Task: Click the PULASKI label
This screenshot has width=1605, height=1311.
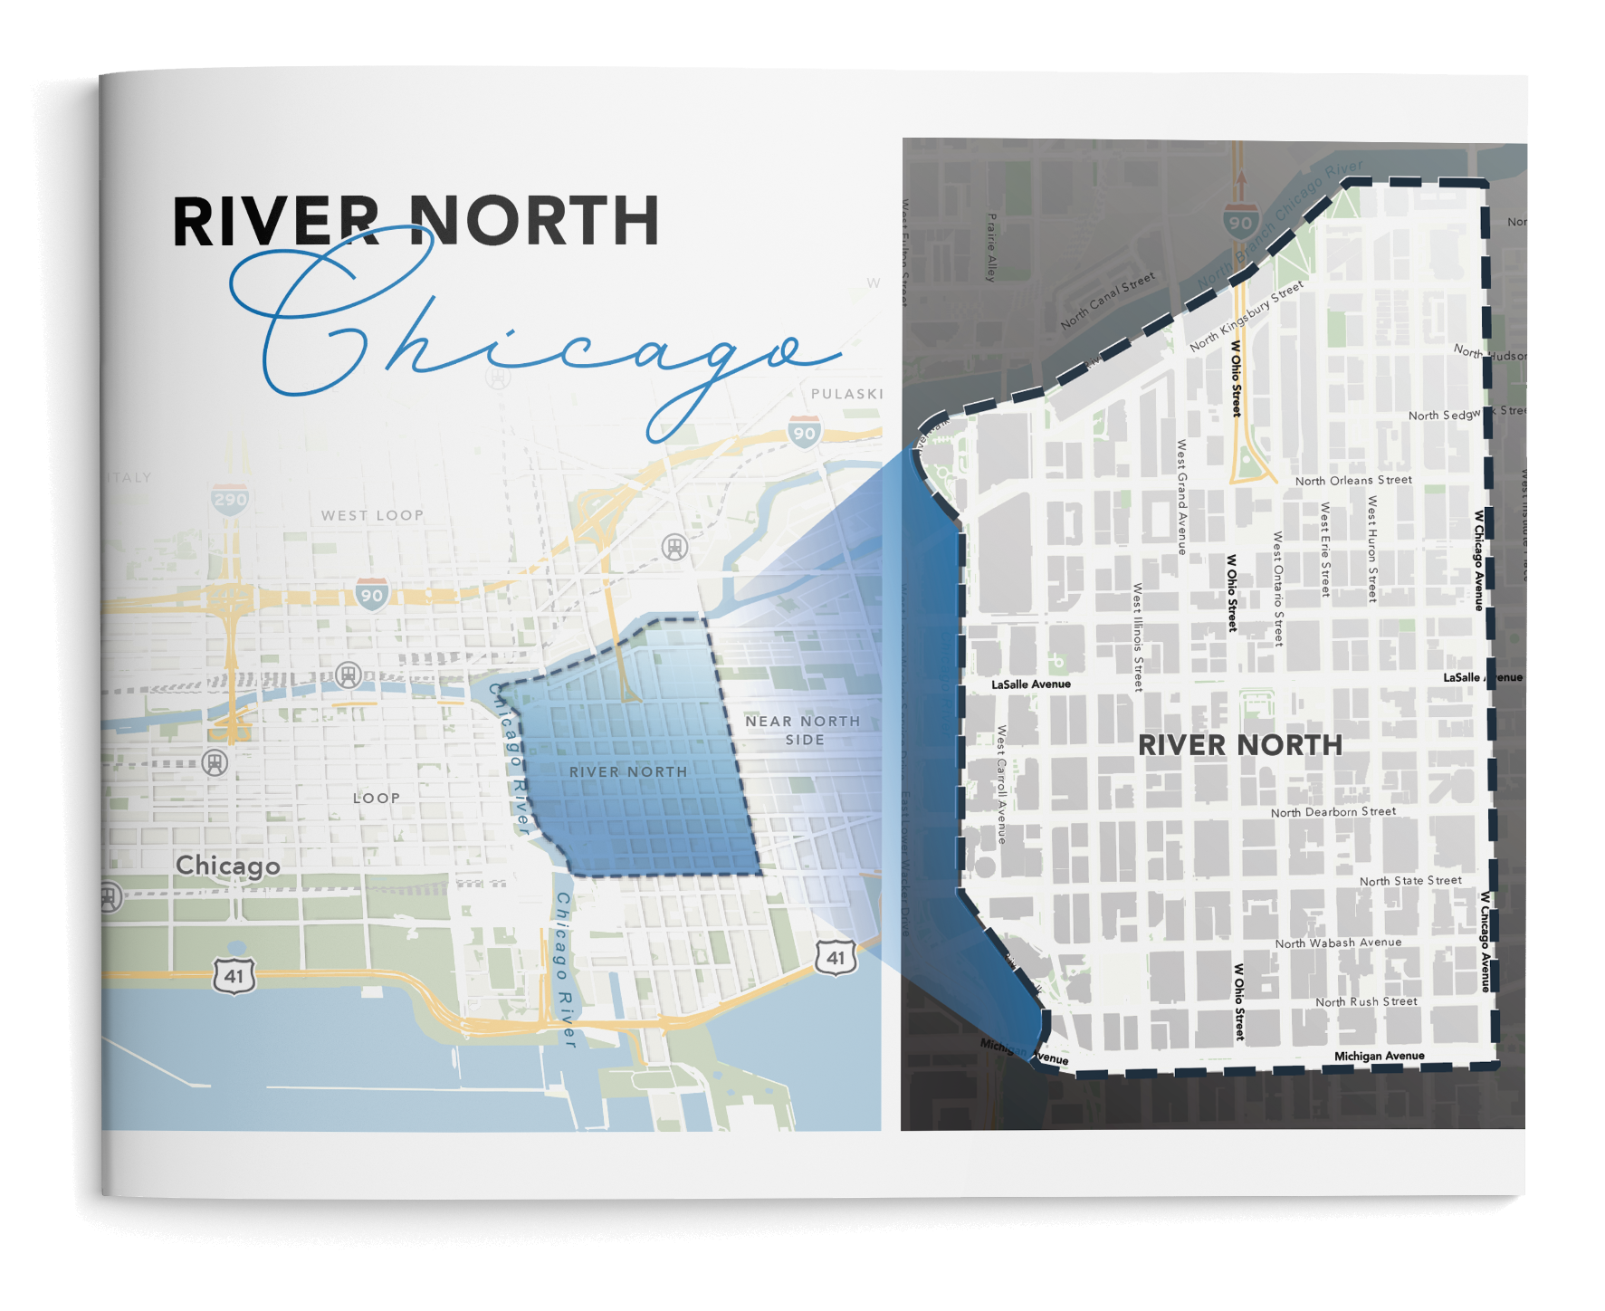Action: (846, 394)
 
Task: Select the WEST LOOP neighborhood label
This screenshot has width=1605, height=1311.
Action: (372, 515)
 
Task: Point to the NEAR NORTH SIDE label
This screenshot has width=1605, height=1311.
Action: (803, 730)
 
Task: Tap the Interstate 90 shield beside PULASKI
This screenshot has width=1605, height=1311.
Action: (804, 432)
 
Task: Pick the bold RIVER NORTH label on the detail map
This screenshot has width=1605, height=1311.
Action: (1239, 745)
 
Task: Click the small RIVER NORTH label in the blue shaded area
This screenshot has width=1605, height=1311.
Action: (628, 771)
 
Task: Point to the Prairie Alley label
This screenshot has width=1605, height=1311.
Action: (992, 247)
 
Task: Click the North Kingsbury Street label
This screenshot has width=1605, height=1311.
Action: (1247, 315)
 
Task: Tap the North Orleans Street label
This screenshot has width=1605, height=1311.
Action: (1353, 480)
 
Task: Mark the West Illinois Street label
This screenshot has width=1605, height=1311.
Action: (1138, 637)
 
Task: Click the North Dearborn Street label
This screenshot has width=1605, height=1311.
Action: (1333, 811)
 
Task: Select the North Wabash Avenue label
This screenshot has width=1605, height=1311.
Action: (1338, 943)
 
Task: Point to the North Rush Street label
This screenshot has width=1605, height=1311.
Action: (1366, 1001)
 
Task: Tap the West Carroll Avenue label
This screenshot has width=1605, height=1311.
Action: (1001, 783)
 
